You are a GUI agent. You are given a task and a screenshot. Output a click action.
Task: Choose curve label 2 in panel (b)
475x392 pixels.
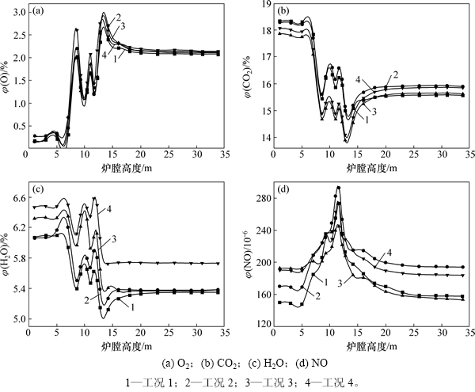coord(393,74)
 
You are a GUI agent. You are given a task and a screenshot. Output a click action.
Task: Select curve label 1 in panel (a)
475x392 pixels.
coord(116,58)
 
